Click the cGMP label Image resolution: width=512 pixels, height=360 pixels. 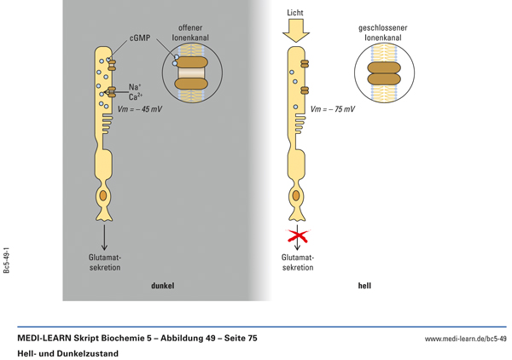tap(141, 38)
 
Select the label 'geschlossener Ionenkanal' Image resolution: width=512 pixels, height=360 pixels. tap(383, 33)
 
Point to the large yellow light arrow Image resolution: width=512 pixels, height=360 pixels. tap(296, 32)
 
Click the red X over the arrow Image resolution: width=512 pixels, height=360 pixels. tap(296, 235)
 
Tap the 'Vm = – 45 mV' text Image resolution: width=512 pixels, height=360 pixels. tap(139, 109)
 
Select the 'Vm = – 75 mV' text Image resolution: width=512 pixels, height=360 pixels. tap(333, 109)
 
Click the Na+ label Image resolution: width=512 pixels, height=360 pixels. tap(135, 86)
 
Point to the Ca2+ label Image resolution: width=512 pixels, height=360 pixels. tap(136, 97)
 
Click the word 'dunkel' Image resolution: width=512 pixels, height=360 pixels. tap(162, 286)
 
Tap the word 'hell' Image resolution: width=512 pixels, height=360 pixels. tap(364, 286)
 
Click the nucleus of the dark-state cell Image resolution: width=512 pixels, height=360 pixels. tap(104, 195)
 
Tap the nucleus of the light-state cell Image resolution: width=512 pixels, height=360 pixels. tap(296, 195)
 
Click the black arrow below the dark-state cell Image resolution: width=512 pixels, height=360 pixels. tap(104, 235)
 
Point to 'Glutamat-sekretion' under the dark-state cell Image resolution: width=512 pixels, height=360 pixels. tap(104, 262)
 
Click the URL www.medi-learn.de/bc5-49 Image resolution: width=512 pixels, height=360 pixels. tap(465, 339)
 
